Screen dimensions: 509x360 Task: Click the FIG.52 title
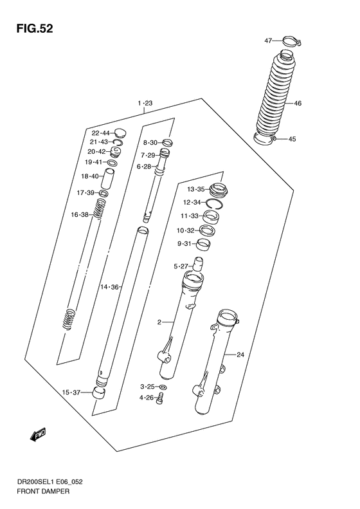[30, 29]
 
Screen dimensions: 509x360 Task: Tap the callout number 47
[269, 41]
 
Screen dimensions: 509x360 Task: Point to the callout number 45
[291, 139]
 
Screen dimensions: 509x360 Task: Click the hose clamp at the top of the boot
[291, 42]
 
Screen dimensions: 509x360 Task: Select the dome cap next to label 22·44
[120, 133]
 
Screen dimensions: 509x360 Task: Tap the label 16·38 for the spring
[80, 215]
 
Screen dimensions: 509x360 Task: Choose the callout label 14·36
[111, 287]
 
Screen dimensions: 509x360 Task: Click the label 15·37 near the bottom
[71, 393]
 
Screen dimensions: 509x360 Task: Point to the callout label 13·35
[195, 189]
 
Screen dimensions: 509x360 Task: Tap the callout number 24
[240, 355]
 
